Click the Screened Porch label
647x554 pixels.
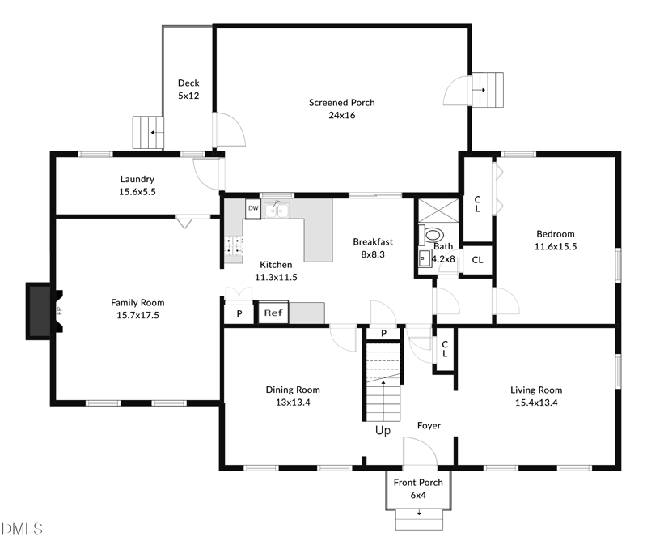pyautogui.click(x=341, y=103)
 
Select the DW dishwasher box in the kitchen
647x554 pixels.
pyautogui.click(x=253, y=208)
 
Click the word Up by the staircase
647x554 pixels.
pyautogui.click(x=383, y=431)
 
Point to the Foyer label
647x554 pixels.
pyautogui.click(x=429, y=425)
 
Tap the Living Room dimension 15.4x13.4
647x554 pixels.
pyautogui.click(x=535, y=402)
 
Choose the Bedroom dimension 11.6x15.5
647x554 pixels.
pyautogui.click(x=555, y=246)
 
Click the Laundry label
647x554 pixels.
pyautogui.click(x=137, y=180)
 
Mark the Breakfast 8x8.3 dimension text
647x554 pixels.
pyautogui.click(x=373, y=254)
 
